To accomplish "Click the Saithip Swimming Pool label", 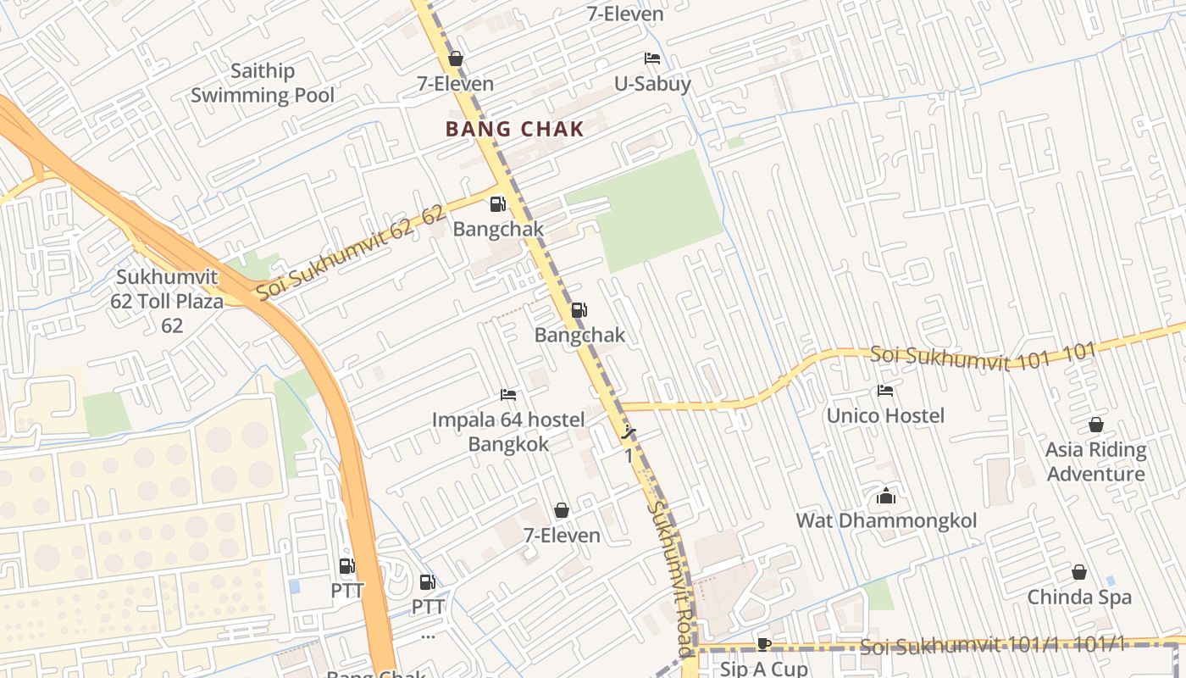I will [x=263, y=83].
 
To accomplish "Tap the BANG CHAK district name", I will [x=515, y=129].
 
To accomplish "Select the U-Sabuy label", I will [x=652, y=84].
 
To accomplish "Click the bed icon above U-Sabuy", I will [x=652, y=58].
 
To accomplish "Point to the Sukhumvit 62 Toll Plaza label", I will [x=167, y=301].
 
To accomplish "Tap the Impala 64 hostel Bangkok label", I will [x=508, y=431].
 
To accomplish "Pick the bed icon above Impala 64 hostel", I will [x=508, y=395].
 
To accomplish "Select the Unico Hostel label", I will [x=885, y=415].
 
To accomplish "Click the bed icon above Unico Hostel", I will [x=885, y=391].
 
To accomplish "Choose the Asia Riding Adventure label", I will [x=1095, y=461].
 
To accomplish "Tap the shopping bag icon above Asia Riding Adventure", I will [x=1096, y=425].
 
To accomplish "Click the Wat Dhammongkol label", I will [x=886, y=520].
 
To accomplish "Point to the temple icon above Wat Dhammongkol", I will [x=886, y=496].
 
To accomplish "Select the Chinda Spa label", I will [x=1079, y=597].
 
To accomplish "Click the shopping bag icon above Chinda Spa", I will [x=1079, y=572].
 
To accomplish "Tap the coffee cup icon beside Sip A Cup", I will [x=764, y=644].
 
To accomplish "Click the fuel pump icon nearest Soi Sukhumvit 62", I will [x=497, y=204].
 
